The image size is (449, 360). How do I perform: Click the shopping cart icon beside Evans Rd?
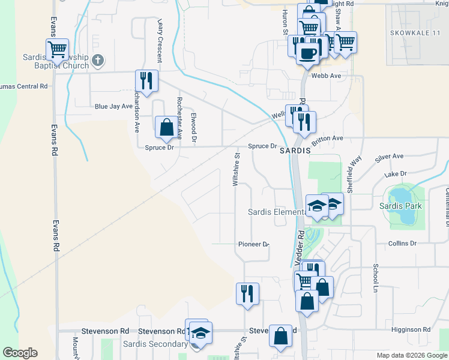click(x=57, y=49)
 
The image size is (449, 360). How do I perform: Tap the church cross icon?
click(x=98, y=60)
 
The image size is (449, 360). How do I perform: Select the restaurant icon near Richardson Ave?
click(x=146, y=80)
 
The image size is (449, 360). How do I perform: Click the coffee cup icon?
click(x=308, y=53)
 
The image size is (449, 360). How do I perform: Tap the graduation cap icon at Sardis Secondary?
click(x=201, y=332)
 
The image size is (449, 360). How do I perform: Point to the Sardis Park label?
click(x=400, y=206)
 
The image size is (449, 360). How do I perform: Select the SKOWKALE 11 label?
click(x=415, y=32)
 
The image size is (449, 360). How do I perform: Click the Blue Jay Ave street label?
click(x=113, y=106)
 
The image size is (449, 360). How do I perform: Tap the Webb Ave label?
click(x=327, y=76)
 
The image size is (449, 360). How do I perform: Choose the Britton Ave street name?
click(x=327, y=138)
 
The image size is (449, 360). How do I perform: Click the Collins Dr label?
click(x=402, y=243)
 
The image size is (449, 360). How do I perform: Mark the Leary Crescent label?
click(x=160, y=40)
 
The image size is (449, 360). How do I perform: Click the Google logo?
click(x=20, y=353)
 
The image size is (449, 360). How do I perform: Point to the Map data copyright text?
click(x=411, y=355)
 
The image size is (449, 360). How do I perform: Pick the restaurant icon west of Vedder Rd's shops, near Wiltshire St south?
click(x=247, y=294)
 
